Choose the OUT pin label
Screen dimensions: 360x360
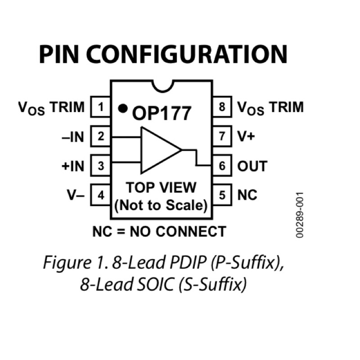(x=252, y=166)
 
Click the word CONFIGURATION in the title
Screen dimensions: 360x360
(x=187, y=54)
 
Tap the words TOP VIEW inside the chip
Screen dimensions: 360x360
(x=161, y=187)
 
